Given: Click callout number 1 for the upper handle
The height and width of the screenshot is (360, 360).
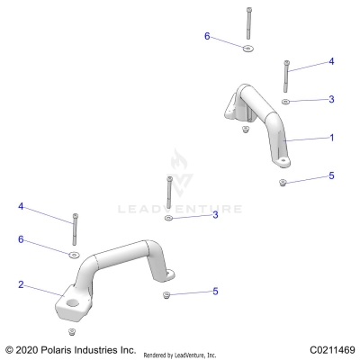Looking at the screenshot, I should pos(331,138).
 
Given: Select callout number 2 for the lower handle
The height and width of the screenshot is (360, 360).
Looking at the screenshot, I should pos(20,284).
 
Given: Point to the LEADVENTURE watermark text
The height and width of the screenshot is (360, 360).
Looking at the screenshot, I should pos(180,210).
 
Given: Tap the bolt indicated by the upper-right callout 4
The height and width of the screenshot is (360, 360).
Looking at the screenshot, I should pos(286,76).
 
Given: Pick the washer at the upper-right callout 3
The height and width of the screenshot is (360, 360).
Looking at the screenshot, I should pos(285,102).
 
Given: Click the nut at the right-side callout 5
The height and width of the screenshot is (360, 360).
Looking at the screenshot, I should pos(283,182).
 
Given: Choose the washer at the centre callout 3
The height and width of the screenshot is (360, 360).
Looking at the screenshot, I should pos(168,218).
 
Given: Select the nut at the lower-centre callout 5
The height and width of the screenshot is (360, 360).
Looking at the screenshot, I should pos(166,293).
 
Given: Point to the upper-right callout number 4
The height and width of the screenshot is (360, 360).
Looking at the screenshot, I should pos(331,61).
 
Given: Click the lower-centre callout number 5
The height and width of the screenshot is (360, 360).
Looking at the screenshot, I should pos(215,291).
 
